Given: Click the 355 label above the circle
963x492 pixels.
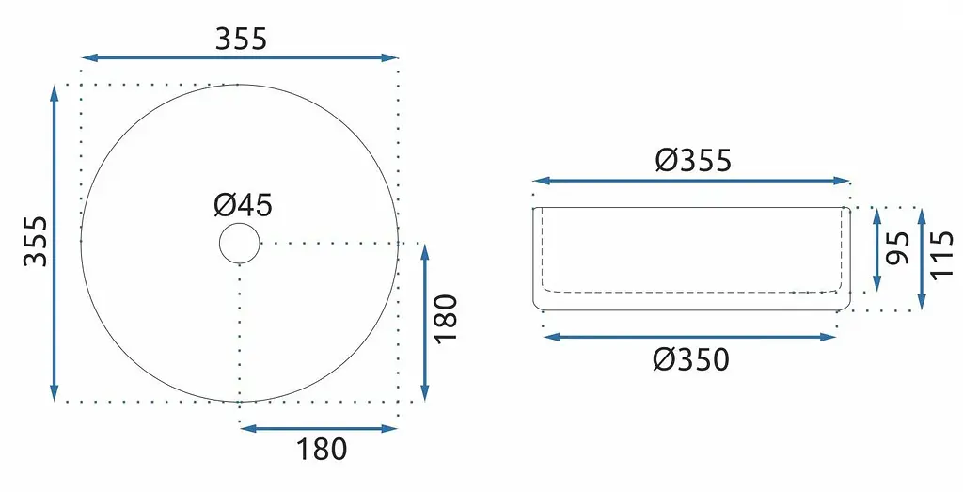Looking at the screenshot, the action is tap(242, 39).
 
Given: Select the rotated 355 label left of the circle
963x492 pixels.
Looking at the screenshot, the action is tap(36, 241).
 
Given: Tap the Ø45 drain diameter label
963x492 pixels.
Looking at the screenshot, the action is tap(244, 204).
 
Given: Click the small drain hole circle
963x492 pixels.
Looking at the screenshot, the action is tap(240, 244).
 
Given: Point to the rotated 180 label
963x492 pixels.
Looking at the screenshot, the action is tap(447, 320).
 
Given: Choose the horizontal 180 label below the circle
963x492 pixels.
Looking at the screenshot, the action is tap(322, 450).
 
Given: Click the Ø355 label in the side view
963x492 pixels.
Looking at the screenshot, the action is tap(693, 160).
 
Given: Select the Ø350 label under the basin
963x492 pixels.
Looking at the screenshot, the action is tap(691, 359).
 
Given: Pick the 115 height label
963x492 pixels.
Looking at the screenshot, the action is tap(941, 254).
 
